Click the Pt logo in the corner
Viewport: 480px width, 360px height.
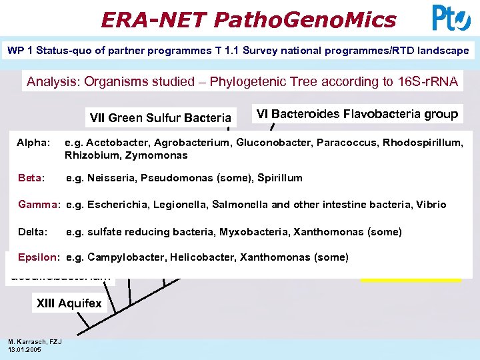tap(451, 18)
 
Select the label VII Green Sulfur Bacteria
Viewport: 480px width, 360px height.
tap(160, 118)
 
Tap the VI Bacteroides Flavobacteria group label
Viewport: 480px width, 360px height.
tap(357, 114)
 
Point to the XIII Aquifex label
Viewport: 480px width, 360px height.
tap(69, 304)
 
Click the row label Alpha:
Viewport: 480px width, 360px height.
tap(33, 143)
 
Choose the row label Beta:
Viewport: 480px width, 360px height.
tap(31, 178)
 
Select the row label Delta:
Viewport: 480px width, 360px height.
tap(33, 232)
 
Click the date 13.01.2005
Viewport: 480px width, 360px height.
tap(25, 349)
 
